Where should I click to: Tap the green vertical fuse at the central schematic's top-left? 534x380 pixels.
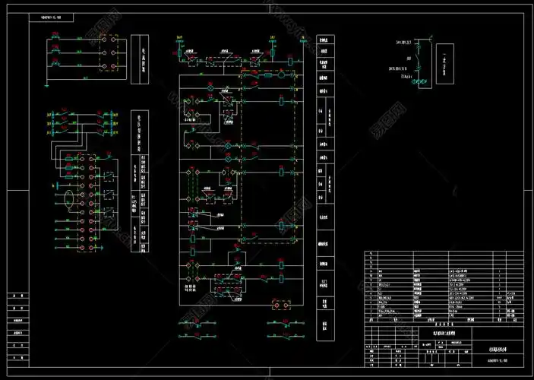click(x=179, y=46)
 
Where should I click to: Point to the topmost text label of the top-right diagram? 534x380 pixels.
click(x=407, y=41)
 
